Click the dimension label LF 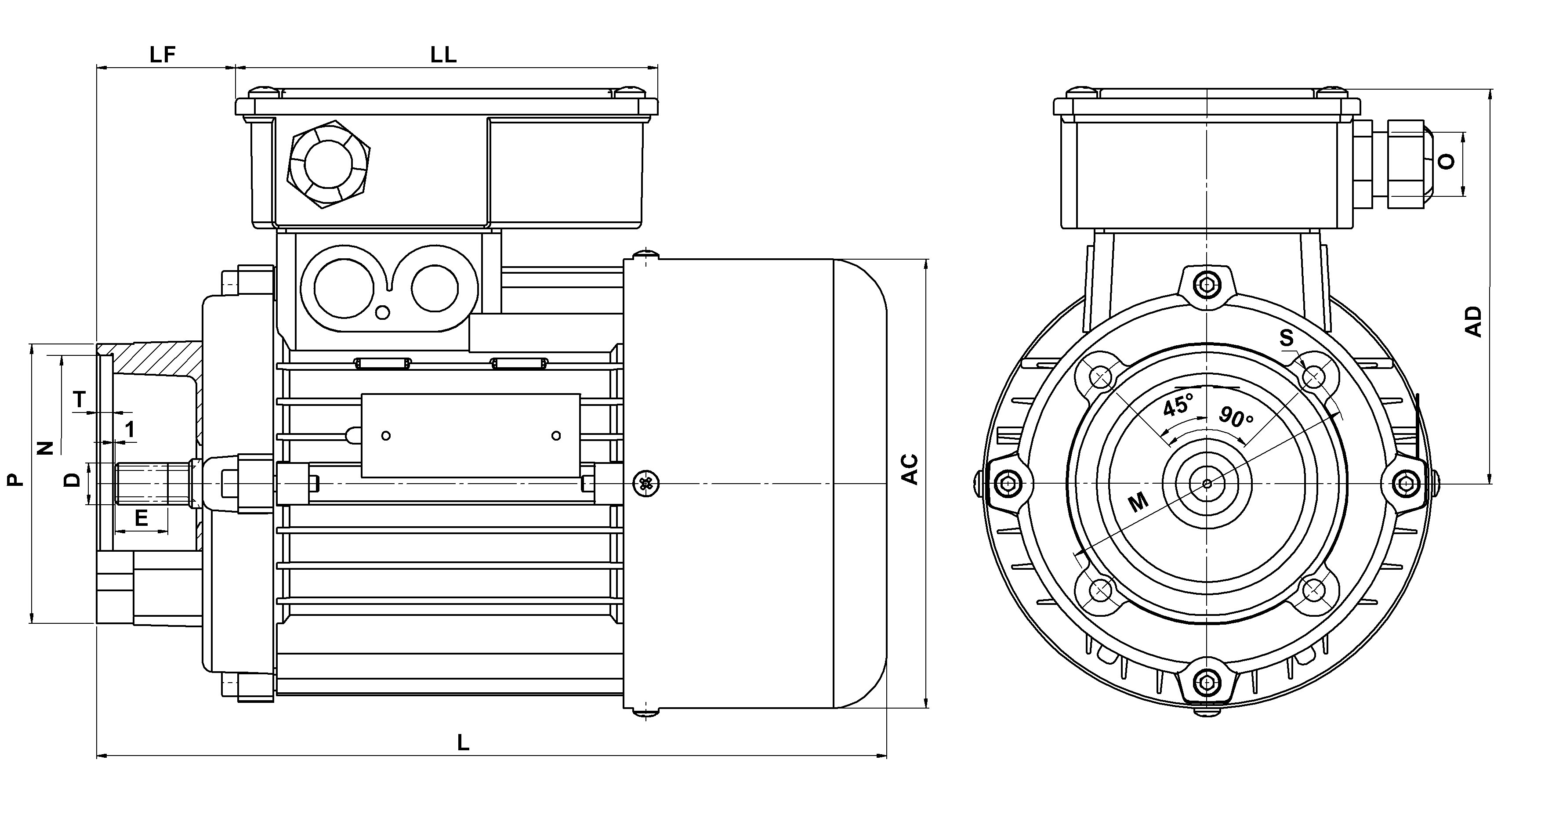pyautogui.click(x=162, y=55)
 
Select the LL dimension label pyautogui.click(x=443, y=55)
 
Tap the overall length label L pyautogui.click(x=463, y=743)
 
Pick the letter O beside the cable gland pyautogui.click(x=1446, y=162)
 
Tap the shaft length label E pyautogui.click(x=141, y=518)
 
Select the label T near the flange pyautogui.click(x=79, y=399)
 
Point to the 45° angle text pyautogui.click(x=1177, y=406)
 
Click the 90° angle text pyautogui.click(x=1236, y=417)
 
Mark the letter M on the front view pyautogui.click(x=1139, y=502)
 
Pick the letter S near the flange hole pyautogui.click(x=1286, y=338)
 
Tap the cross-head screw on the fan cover pyautogui.click(x=645, y=483)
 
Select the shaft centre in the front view pyautogui.click(x=1207, y=483)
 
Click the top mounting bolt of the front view pyautogui.click(x=1207, y=285)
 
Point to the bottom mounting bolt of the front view pyautogui.click(x=1207, y=680)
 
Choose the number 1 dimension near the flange pyautogui.click(x=130, y=429)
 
